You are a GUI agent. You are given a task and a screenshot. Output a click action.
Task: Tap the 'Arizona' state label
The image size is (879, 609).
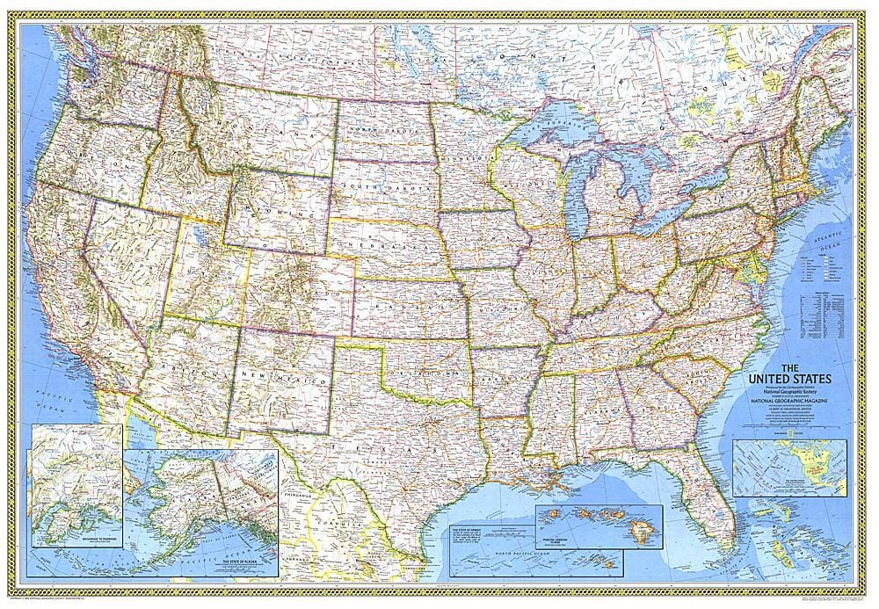pos(189,370)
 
